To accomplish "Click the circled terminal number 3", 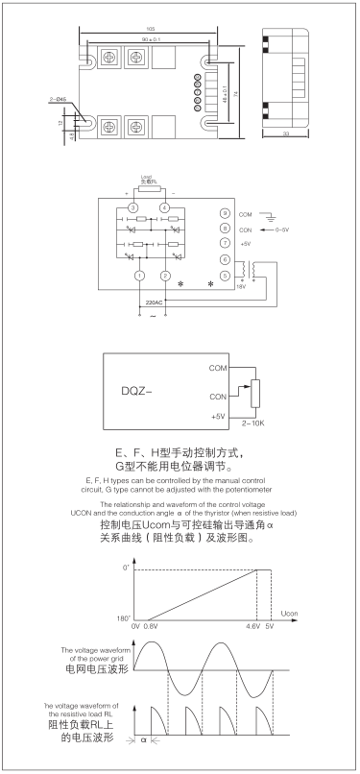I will click(x=133, y=207).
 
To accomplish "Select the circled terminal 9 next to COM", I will click(x=224, y=213).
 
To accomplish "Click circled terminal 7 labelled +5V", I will click(x=224, y=244).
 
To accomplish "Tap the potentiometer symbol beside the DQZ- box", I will click(x=254, y=393).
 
